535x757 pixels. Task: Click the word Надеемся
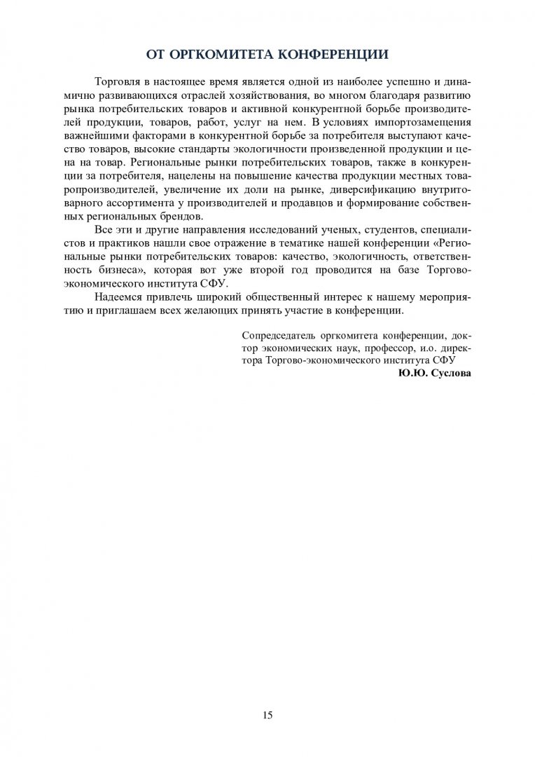coord(118,296)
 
